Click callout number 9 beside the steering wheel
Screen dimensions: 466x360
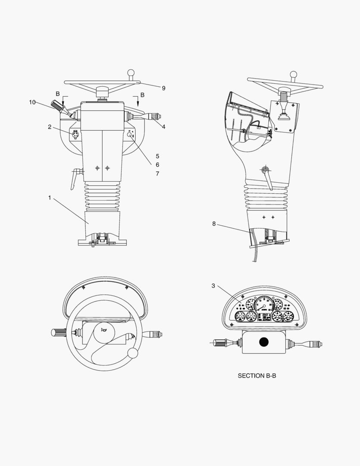(163, 88)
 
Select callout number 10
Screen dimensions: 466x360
(32, 102)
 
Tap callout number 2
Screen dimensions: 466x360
(50, 127)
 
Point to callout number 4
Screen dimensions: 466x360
(163, 126)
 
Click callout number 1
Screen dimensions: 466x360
(50, 198)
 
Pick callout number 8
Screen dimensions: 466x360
(214, 224)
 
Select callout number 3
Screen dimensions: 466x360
(213, 286)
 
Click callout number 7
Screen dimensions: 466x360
(157, 173)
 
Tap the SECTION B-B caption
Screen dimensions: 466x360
(257, 376)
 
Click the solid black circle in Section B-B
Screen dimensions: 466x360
(264, 342)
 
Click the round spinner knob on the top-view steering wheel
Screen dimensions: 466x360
(134, 353)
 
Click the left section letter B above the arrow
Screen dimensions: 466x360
(58, 94)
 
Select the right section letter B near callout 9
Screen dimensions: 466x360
(143, 94)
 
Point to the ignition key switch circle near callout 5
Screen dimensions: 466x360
(129, 135)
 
